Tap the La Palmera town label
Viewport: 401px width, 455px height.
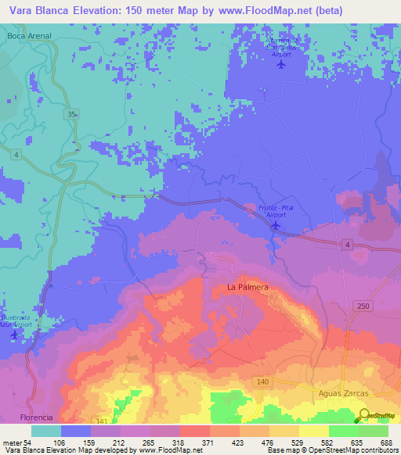point(247,288)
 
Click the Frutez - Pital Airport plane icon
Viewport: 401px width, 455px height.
point(276,226)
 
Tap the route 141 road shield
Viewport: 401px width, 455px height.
point(100,421)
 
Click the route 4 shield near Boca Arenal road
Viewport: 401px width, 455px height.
point(16,154)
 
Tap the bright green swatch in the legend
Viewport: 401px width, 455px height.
point(343,431)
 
